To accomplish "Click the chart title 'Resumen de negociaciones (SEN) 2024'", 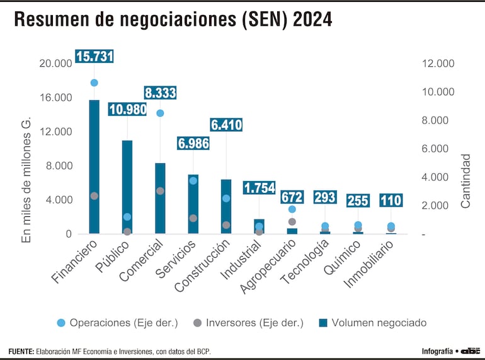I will point(173,20).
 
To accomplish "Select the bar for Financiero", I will point(94,166).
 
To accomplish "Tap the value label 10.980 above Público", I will point(127,110).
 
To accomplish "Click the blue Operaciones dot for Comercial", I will point(160,113).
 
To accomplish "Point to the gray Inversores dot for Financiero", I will point(94,196).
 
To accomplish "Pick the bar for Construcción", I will point(225,206).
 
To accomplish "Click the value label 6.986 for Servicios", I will point(193,143).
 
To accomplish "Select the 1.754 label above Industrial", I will point(259,188).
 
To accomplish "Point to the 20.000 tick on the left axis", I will point(55,64).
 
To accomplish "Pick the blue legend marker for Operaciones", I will point(60,323).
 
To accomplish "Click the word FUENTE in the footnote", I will point(21,351).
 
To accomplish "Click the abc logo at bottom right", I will point(470,351).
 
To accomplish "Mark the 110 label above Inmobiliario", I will point(391,200).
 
